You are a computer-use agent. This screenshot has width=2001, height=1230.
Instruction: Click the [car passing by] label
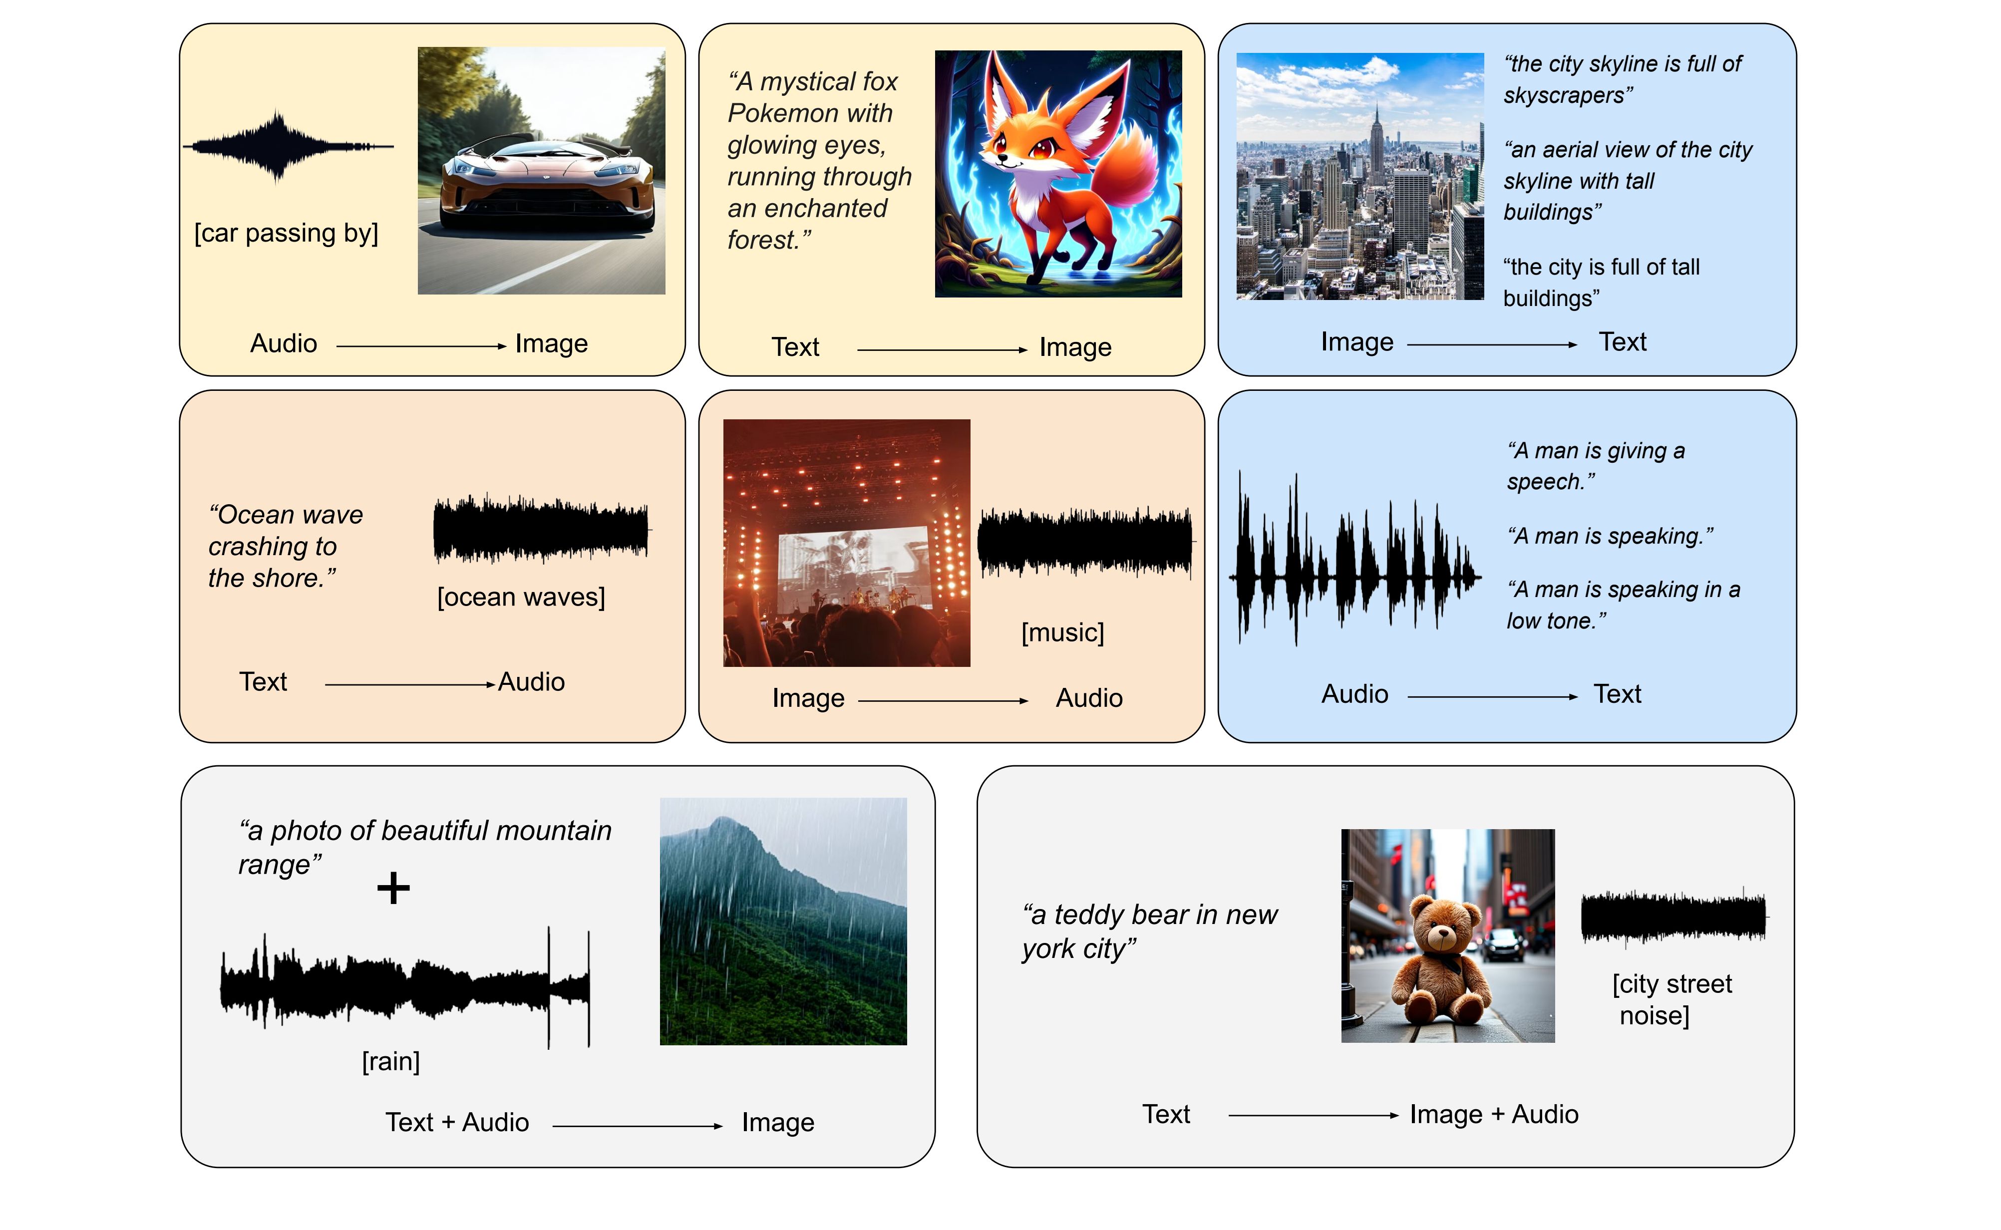click(287, 234)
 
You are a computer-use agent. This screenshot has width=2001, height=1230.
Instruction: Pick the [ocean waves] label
click(521, 597)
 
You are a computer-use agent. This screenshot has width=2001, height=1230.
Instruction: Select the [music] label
click(1063, 632)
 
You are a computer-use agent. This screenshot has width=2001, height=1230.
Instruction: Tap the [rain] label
click(391, 1062)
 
